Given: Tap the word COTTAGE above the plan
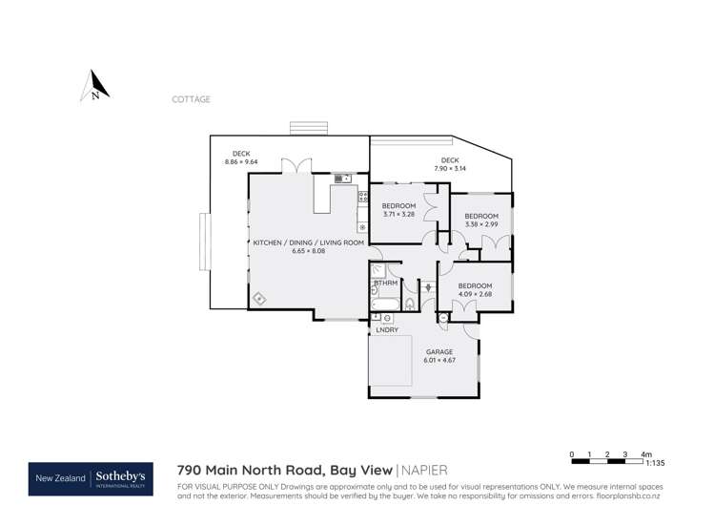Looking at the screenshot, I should click(191, 99).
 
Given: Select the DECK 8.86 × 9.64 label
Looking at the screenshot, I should click(241, 158).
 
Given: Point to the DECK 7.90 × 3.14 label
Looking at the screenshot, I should click(450, 164).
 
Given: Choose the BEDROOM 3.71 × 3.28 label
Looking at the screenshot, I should click(398, 210).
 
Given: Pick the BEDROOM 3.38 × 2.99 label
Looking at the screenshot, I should click(481, 221).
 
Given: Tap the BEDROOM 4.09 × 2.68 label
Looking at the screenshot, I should click(475, 290).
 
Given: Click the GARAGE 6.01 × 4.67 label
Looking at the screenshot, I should click(439, 356).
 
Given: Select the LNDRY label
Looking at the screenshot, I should click(387, 330).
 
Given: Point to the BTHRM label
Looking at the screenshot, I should click(386, 283).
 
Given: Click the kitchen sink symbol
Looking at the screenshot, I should click(342, 178).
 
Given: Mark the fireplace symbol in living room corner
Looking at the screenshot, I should click(259, 300).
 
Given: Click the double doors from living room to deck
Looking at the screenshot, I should click(301, 167).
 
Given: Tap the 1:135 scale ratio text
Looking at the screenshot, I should click(655, 463).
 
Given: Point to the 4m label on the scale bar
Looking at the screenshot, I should click(646, 454).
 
